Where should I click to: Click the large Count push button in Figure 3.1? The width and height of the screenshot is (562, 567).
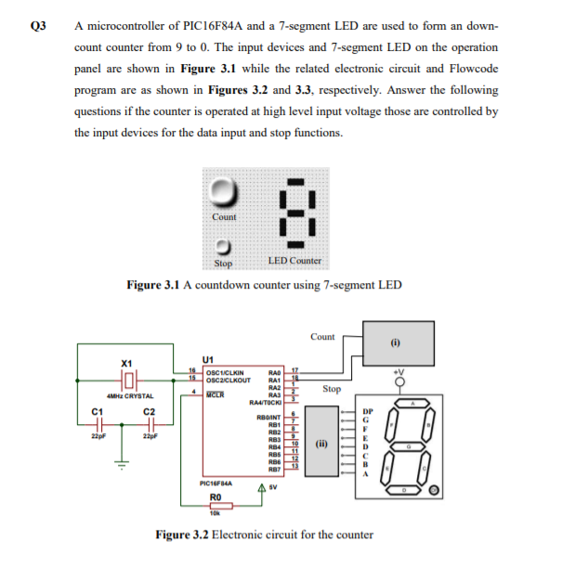pyautogui.click(x=224, y=193)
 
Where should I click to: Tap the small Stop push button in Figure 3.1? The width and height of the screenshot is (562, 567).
pyautogui.click(x=224, y=248)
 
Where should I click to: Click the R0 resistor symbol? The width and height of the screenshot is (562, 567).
pyautogui.click(x=215, y=508)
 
